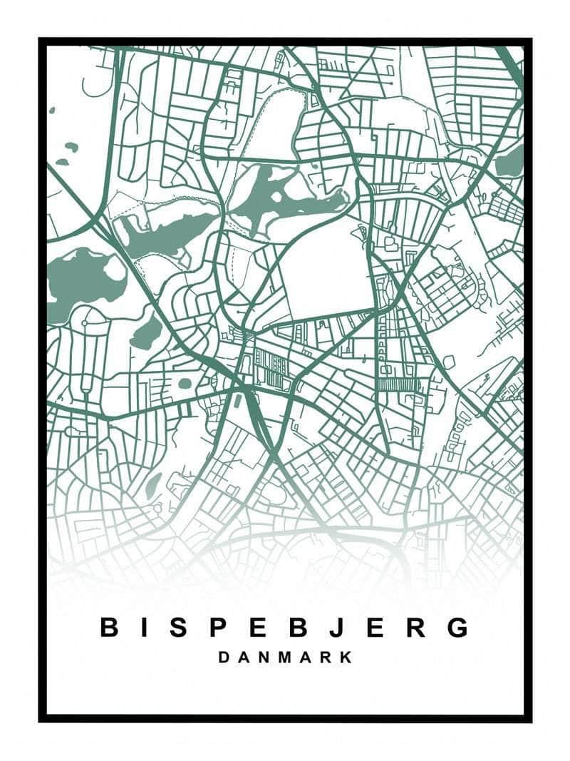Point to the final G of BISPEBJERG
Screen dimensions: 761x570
[x=459, y=628]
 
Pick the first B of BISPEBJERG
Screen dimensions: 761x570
[x=108, y=628]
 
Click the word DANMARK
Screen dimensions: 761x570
[x=285, y=657]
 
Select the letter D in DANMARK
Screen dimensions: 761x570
[x=224, y=657]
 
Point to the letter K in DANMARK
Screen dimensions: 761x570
[x=346, y=657]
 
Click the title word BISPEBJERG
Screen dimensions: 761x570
[x=285, y=628]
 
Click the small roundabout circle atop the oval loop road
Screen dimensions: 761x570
[x=84, y=323]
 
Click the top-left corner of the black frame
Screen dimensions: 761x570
[x=41, y=41]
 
